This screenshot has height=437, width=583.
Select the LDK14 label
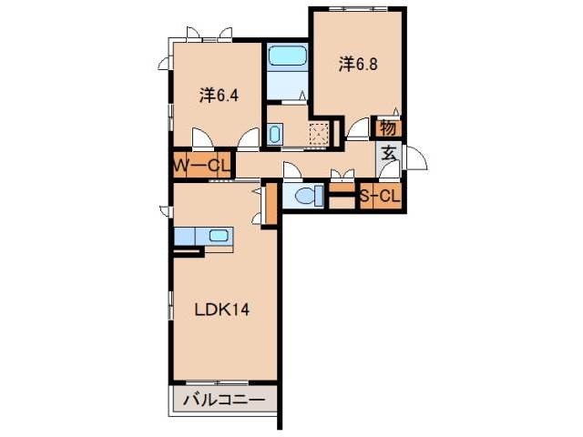pos(222,309)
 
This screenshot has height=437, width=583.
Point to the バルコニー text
pos(224,400)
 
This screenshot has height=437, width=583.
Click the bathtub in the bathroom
pos(289,56)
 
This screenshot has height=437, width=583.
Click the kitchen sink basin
pos(220,236)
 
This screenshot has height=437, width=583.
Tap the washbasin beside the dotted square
pos(276,136)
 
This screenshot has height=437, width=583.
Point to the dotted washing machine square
pos(318,134)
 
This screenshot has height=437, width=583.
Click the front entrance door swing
pos(415,157)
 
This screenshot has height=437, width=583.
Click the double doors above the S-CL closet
pos(342,178)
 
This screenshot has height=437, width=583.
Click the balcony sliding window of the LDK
pos(223,381)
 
